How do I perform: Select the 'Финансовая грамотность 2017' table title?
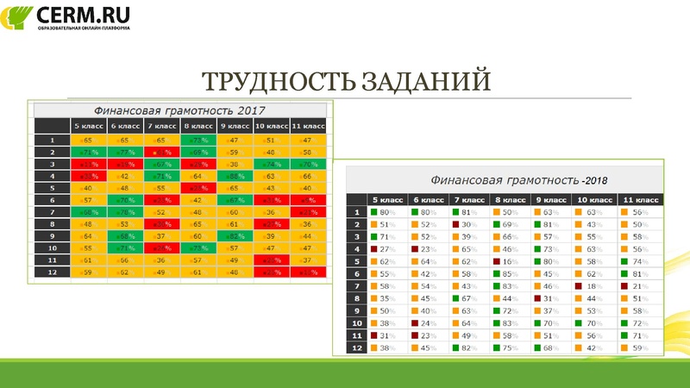[179, 110]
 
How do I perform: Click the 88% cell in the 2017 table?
[233, 175]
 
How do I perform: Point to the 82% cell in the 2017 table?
[233, 235]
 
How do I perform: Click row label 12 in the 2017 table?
[52, 272]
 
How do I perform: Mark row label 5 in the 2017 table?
[52, 187]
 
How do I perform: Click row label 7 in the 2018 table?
[355, 285]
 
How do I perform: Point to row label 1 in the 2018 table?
[355, 212]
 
